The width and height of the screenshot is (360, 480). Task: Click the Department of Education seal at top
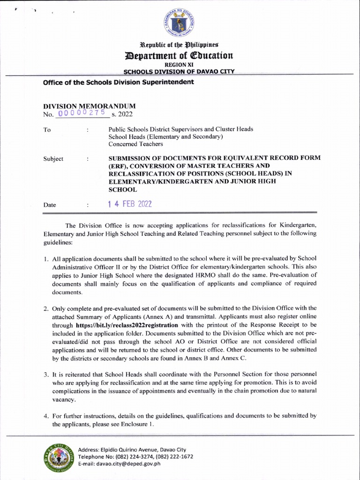coord(180,23)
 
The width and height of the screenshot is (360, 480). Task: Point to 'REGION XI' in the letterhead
coord(180,65)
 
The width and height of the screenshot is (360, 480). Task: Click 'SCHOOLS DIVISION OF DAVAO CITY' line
coord(179,72)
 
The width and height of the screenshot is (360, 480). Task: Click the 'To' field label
coord(47,130)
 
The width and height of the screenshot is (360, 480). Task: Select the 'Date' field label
coord(50,205)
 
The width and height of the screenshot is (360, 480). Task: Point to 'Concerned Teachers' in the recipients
coord(136,144)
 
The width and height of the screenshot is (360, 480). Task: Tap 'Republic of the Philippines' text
coord(180,45)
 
